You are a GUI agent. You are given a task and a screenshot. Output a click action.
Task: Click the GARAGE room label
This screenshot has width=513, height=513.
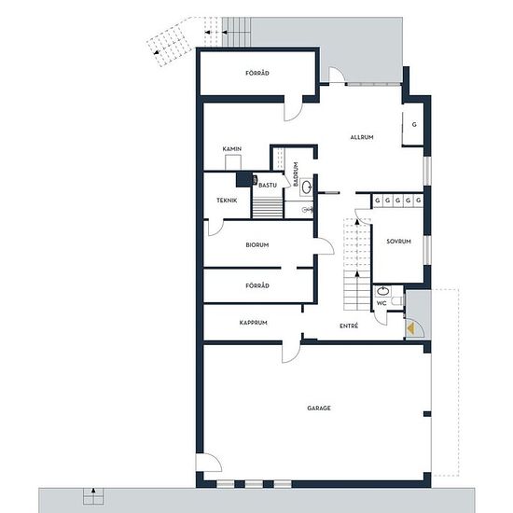tap(319, 408)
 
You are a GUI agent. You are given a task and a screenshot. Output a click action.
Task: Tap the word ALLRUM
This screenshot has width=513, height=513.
tap(362, 137)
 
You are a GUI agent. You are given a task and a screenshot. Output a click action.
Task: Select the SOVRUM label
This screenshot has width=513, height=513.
tap(398, 242)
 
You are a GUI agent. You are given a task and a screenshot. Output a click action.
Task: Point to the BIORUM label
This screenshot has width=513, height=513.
tap(257, 244)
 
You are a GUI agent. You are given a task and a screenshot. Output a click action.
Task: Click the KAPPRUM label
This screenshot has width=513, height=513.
tap(253, 323)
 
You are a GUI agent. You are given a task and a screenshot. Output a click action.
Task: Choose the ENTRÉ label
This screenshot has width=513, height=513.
tap(349, 326)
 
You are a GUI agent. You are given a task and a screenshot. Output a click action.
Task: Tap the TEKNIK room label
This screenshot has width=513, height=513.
tap(227, 201)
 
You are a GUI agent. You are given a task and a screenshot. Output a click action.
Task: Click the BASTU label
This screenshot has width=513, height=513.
tap(268, 186)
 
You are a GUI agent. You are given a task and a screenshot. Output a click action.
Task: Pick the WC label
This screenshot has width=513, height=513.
tap(381, 303)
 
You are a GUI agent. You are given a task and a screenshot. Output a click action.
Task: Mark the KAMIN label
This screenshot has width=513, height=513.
tap(232, 149)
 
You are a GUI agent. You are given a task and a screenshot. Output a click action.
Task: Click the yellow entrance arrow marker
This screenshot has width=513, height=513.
tap(410, 328)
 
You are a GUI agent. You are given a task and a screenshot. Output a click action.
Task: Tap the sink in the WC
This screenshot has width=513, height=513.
tap(382, 290)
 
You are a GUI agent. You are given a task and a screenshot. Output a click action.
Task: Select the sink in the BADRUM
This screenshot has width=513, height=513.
tap(306, 187)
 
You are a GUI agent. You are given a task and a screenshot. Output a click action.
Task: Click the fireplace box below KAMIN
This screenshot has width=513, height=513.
tap(233, 162)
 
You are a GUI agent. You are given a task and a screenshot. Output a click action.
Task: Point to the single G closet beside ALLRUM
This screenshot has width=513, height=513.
tap(413, 125)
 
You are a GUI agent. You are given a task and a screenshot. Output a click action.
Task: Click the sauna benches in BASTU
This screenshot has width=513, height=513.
tap(268, 208)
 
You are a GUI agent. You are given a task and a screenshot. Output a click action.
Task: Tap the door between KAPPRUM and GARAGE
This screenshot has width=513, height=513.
tap(291, 353)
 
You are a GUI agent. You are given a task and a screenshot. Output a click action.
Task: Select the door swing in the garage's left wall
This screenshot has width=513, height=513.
tap(209, 463)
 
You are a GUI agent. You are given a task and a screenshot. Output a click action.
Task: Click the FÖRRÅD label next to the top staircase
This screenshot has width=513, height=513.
tap(257, 73)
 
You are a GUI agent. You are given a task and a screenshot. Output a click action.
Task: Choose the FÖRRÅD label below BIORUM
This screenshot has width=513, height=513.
tap(257, 285)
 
